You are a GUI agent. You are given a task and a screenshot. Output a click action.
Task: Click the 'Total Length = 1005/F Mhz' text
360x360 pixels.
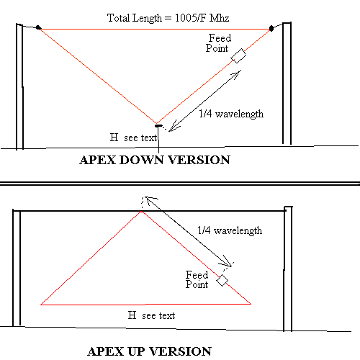pos(168,18)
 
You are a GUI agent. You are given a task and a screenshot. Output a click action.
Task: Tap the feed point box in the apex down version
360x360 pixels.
pos(238,56)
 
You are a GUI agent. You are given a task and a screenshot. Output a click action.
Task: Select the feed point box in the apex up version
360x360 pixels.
pos(222,280)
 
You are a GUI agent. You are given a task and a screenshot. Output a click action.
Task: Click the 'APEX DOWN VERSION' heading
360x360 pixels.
pos(155,160)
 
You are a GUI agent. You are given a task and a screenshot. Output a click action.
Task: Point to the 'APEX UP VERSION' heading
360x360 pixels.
pos(149,351)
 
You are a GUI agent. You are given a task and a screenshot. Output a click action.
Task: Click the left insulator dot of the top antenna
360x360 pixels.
pos(38,27)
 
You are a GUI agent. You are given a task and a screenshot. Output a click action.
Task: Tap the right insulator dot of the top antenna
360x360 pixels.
pos(271,28)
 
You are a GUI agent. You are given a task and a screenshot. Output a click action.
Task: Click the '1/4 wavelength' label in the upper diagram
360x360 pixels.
pos(231,114)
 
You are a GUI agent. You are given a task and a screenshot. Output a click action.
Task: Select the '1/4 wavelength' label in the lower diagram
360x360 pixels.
pos(230,230)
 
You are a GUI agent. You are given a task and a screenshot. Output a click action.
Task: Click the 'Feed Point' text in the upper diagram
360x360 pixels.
pos(218,43)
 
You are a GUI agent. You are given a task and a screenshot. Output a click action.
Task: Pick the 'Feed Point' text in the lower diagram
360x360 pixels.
pos(197,279)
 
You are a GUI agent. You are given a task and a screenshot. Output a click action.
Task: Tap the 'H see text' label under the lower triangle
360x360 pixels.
pos(151,315)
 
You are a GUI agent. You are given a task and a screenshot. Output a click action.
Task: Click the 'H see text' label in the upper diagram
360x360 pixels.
pos(133,138)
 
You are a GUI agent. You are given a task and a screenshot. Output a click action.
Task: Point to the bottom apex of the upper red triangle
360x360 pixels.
pos(156,124)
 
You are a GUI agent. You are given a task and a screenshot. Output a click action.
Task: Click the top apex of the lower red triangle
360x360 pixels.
pos(142,212)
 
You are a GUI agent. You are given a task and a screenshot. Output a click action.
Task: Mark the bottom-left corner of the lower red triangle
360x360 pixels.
pos(41,305)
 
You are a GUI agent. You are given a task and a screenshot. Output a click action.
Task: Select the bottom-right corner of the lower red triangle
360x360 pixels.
pos(251,304)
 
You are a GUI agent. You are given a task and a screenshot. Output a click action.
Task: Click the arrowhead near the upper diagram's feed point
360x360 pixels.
pos(236,74)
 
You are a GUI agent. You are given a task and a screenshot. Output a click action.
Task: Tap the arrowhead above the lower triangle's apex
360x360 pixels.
pos(150,200)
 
